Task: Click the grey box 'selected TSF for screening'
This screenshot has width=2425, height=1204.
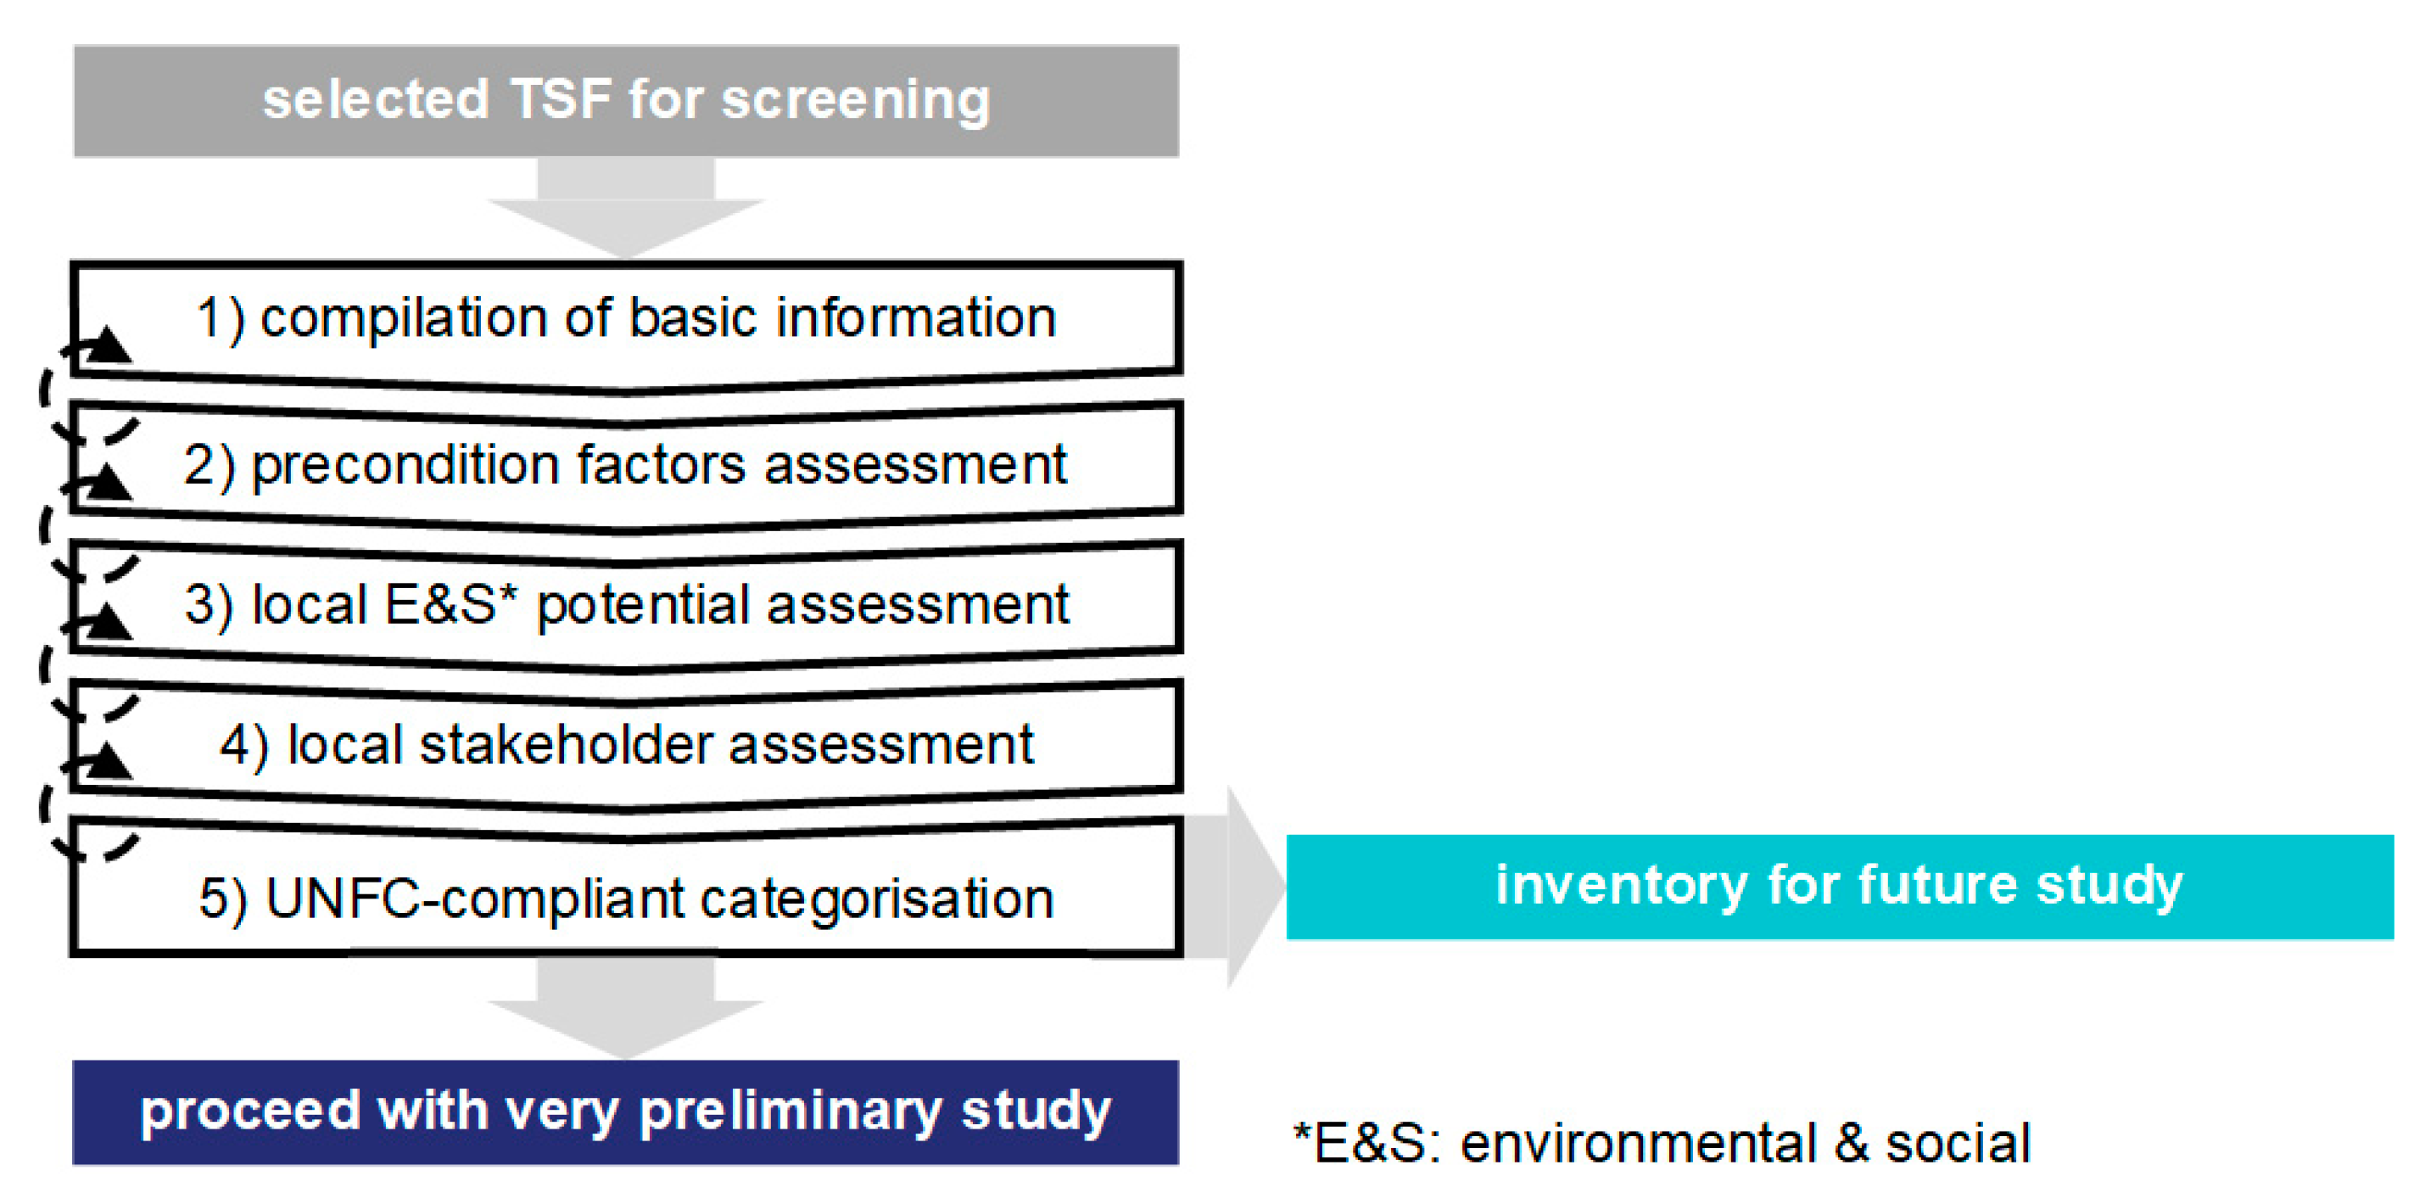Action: click(626, 101)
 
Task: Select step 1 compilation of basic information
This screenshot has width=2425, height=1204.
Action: click(626, 325)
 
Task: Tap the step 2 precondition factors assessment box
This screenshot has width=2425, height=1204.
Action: click(626, 467)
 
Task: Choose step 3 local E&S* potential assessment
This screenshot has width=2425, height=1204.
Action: click(626, 605)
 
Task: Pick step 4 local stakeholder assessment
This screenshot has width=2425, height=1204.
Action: click(626, 745)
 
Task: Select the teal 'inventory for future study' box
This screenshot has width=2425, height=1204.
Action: click(1840, 887)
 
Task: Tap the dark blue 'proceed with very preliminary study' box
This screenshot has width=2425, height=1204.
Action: click(626, 1112)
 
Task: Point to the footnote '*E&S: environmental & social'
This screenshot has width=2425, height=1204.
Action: click(1662, 1144)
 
